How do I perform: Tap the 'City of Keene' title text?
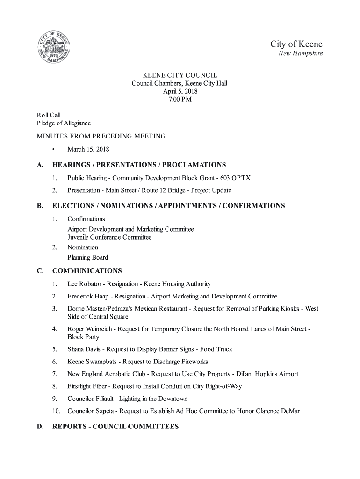[x=296, y=44]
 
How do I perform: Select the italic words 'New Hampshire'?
[x=301, y=54]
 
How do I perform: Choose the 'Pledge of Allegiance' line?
[x=64, y=123]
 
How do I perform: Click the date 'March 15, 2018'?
[x=88, y=150]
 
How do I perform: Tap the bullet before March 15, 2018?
[x=55, y=150]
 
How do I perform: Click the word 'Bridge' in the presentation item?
[x=174, y=190]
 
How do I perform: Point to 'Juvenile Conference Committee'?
[x=109, y=237]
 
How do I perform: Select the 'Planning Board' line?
[x=88, y=257]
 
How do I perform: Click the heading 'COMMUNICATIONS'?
[x=87, y=271]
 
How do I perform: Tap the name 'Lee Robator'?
[x=83, y=284]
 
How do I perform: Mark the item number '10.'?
[x=56, y=411]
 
